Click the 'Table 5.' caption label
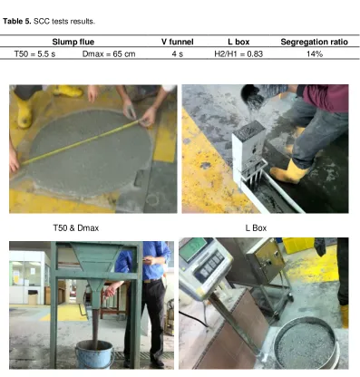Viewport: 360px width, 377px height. [x=17, y=22]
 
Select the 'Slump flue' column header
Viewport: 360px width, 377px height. [x=73, y=42]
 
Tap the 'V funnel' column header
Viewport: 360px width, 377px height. [x=178, y=42]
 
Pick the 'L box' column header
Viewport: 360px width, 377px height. [x=238, y=42]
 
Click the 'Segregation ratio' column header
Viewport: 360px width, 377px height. [x=314, y=42]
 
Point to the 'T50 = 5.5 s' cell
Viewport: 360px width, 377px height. [x=34, y=54]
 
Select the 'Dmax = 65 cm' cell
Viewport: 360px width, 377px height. [x=109, y=54]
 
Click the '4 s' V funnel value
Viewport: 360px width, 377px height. [x=178, y=54]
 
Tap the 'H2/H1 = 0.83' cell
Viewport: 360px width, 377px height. [x=238, y=54]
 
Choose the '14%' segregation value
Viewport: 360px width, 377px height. [x=315, y=54]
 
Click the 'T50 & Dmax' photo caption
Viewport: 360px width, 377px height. [x=76, y=227]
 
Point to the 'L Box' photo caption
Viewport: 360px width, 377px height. [x=256, y=227]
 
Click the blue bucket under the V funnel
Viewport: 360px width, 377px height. [x=94, y=354]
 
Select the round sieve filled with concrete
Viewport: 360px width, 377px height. [x=306, y=343]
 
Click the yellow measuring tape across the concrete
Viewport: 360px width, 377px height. [x=82, y=142]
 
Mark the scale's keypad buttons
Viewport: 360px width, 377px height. [x=209, y=266]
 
